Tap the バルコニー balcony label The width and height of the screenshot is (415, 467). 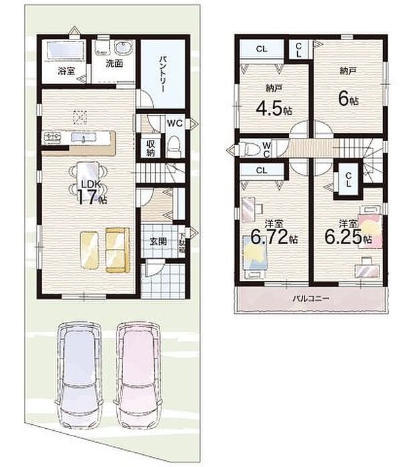(310, 298)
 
